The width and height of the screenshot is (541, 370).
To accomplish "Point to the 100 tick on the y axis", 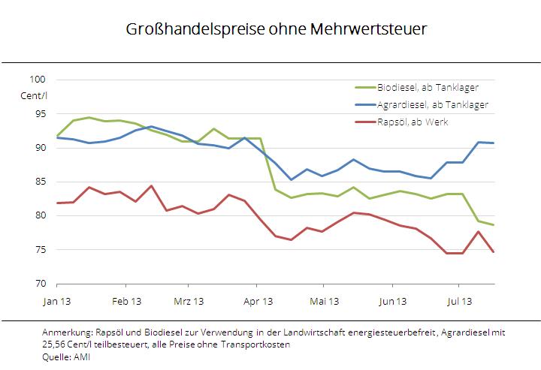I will pyautogui.click(x=37, y=80).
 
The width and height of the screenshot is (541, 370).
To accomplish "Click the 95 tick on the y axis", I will pyautogui.click(x=40, y=114).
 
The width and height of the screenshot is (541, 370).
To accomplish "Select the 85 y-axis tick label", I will pyautogui.click(x=40, y=182).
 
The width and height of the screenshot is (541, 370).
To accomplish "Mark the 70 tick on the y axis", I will pyautogui.click(x=40, y=284).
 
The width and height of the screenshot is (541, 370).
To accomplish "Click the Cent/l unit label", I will pyautogui.click(x=33, y=95).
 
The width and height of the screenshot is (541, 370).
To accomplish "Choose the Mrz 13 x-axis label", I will pyautogui.click(x=189, y=302).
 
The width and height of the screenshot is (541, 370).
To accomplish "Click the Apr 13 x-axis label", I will pyautogui.click(x=256, y=302).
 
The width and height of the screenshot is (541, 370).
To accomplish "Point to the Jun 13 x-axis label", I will pyautogui.click(x=391, y=302).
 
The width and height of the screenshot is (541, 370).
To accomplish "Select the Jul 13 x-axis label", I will pyautogui.click(x=459, y=302).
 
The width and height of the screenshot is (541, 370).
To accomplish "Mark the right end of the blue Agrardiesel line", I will pyautogui.click(x=494, y=143).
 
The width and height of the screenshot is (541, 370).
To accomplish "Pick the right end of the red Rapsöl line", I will pyautogui.click(x=494, y=252).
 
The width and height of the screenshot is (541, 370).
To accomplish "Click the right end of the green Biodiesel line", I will pyautogui.click(x=494, y=225).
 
